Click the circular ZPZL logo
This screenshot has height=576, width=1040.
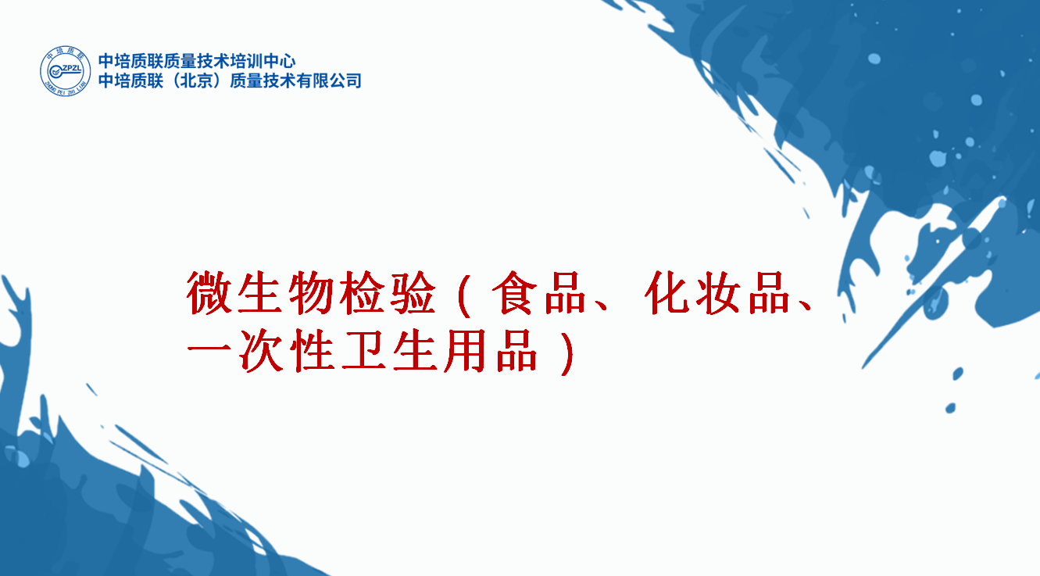pyautogui.click(x=65, y=71)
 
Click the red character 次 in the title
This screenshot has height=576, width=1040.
pyautogui.click(x=260, y=351)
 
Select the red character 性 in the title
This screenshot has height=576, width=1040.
pyautogui.click(x=312, y=351)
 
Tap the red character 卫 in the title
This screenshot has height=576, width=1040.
pyautogui.click(x=363, y=351)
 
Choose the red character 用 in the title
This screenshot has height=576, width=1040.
pyautogui.click(x=465, y=351)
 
